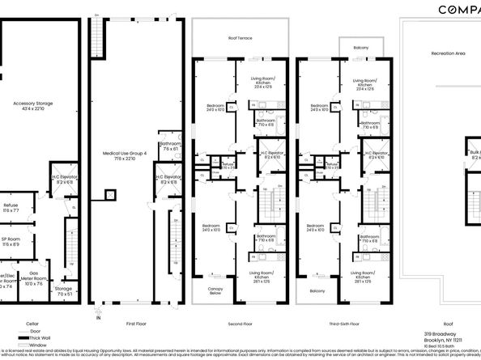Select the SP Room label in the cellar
[10, 240]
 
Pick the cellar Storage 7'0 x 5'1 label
[63, 290]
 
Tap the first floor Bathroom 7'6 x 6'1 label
[169, 146]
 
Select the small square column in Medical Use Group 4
[109, 195]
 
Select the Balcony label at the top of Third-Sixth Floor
[360, 48]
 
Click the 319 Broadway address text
[440, 333]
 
